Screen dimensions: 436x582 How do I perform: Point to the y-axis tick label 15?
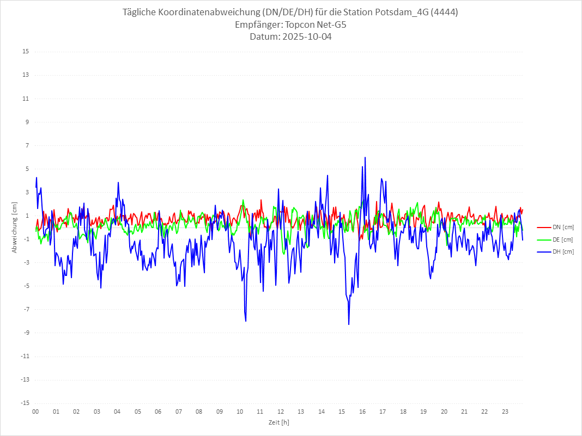coord(26,52)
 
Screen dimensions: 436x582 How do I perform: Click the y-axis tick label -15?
coord(25,403)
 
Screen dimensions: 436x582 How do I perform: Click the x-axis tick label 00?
coord(35,412)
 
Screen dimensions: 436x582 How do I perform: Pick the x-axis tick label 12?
coord(281,412)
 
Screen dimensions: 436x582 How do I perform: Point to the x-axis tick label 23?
coord(505,412)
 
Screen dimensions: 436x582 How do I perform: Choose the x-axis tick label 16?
coord(362,412)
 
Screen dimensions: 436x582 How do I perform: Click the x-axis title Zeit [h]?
coord(278,422)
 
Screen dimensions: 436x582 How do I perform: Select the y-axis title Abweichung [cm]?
coord(15,227)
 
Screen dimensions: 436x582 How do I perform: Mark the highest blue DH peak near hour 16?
coord(365,157)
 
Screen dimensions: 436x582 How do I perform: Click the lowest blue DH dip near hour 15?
coord(349,324)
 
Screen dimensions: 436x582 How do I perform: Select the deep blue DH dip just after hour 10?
coord(246,321)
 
